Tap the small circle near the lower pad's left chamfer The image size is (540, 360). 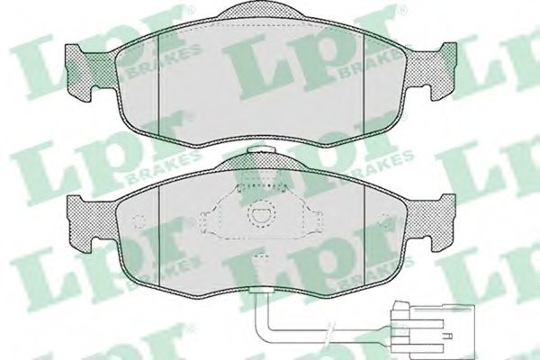pos(138,224)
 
